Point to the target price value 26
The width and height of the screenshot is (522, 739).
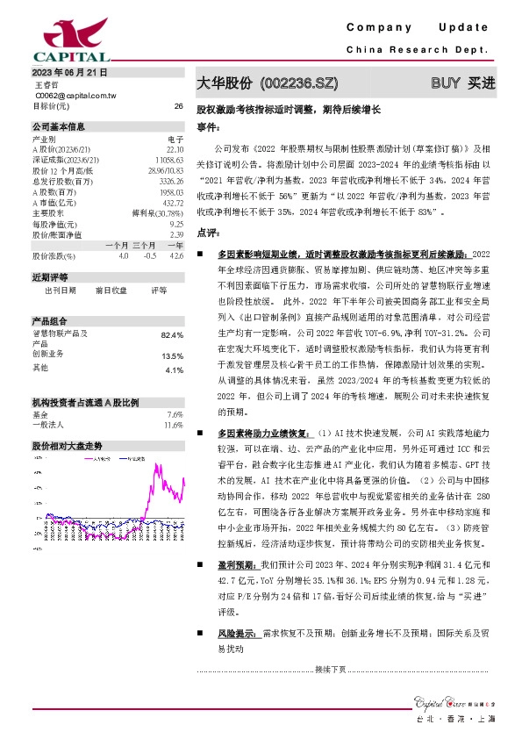tap(179, 106)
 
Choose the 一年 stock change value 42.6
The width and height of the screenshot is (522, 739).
tap(177, 255)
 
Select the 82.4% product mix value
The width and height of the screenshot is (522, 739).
tap(172, 335)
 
